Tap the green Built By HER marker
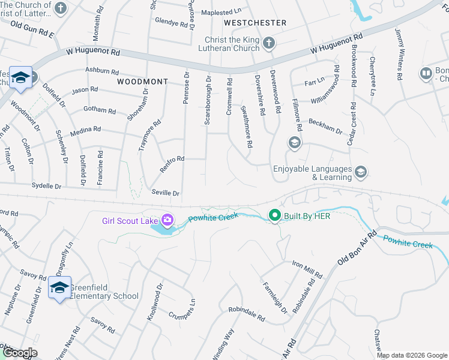point(275,215)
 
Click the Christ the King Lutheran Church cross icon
point(269,43)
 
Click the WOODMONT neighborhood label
point(142,81)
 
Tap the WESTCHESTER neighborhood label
point(255,23)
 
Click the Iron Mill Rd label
point(307,269)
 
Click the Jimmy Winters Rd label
point(398,54)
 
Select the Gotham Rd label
point(101,110)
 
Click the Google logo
point(20,353)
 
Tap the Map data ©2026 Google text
point(411,355)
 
